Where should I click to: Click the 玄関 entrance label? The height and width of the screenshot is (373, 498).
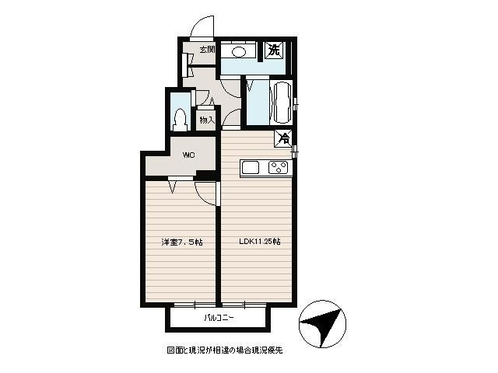pyautogui.click(x=208, y=50)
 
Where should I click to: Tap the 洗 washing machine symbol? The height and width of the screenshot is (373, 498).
pyautogui.click(x=274, y=50)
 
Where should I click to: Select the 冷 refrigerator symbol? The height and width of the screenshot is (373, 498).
pyautogui.click(x=283, y=138)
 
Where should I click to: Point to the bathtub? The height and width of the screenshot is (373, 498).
pyautogui.click(x=282, y=102)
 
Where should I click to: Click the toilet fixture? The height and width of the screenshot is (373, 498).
pyautogui.click(x=180, y=120)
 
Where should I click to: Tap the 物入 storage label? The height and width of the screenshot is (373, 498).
pyautogui.click(x=208, y=120)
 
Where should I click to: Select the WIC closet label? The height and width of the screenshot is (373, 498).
pyautogui.click(x=188, y=155)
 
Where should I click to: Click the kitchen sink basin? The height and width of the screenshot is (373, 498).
pyautogui.click(x=251, y=168)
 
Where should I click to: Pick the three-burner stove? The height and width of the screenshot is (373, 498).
pyautogui.click(x=279, y=168)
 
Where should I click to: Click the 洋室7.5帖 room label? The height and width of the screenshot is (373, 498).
pyautogui.click(x=181, y=242)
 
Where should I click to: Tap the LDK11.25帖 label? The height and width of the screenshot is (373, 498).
pyautogui.click(x=259, y=242)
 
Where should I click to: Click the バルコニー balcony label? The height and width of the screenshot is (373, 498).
pyautogui.click(x=219, y=318)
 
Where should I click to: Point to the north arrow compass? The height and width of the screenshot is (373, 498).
pyautogui.click(x=322, y=323)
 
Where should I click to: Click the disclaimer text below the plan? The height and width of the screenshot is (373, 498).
pyautogui.click(x=225, y=350)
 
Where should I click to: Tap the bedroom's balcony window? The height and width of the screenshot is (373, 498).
pyautogui.click(x=195, y=305)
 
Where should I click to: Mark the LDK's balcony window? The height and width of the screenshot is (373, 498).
pyautogui.click(x=244, y=305)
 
